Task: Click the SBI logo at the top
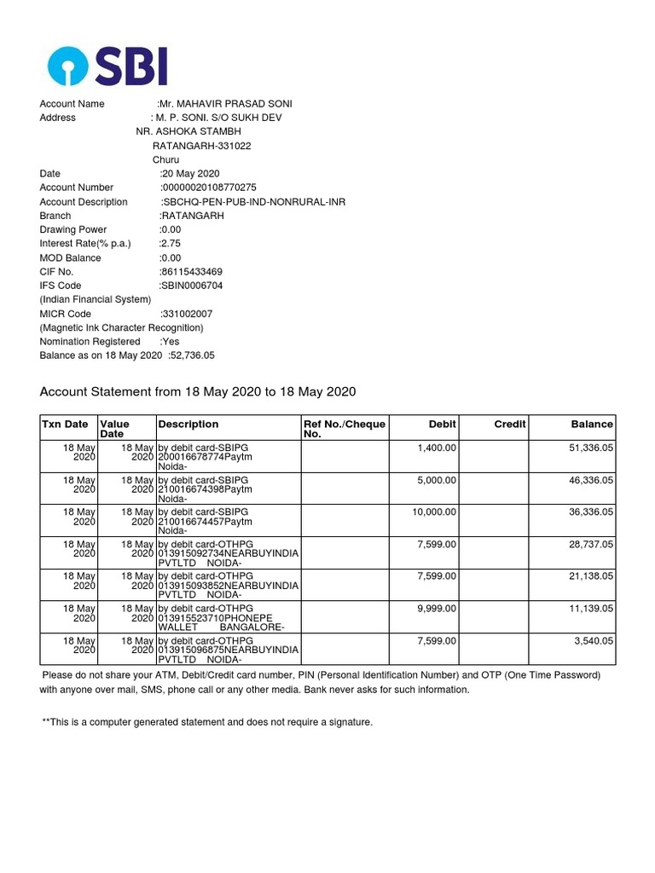click(107, 66)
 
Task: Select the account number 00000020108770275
click(209, 188)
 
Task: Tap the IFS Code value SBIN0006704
click(193, 286)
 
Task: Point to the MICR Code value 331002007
click(188, 314)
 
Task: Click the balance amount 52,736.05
click(192, 356)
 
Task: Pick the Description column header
click(188, 424)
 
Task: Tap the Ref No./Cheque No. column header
click(345, 429)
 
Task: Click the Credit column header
click(509, 424)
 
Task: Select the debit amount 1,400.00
click(437, 447)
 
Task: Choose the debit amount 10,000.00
click(434, 512)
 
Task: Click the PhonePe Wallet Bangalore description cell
click(227, 617)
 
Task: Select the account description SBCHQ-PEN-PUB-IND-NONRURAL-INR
click(253, 202)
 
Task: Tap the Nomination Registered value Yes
click(170, 342)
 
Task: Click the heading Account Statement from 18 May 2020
click(198, 392)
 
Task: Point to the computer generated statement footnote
click(207, 722)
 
